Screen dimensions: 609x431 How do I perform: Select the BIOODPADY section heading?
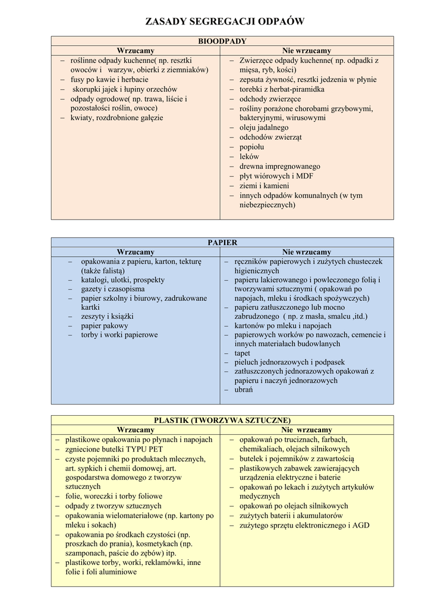click(222, 41)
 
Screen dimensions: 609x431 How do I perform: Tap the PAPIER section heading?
click(222, 243)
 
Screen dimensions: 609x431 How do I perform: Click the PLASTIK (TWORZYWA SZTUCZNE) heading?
click(222, 420)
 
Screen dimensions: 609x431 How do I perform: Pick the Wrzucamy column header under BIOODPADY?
click(136, 51)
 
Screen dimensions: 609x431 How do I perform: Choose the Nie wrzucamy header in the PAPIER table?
click(307, 252)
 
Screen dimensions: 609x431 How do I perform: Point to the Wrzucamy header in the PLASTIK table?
click(136, 430)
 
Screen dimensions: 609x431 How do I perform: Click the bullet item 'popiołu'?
click(251, 147)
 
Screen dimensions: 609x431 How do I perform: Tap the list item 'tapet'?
click(242, 352)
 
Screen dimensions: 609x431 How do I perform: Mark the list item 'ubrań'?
click(243, 389)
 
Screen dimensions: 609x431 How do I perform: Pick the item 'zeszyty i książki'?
click(108, 316)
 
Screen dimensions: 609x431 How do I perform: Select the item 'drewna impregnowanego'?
click(280, 166)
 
